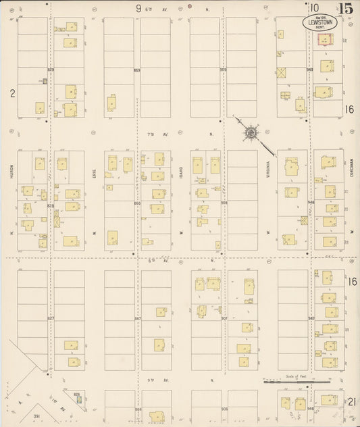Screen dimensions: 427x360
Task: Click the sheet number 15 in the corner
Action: click(x=346, y=9)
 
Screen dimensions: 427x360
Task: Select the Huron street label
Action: click(x=12, y=174)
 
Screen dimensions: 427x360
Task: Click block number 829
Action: click(x=51, y=70)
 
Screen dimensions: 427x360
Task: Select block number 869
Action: click(x=137, y=70)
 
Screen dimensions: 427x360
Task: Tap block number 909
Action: click(x=224, y=70)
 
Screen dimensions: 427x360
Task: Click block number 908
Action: click(x=224, y=203)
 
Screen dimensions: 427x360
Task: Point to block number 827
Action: click(x=51, y=318)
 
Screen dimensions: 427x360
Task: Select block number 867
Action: click(x=137, y=318)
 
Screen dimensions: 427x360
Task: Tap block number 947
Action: click(x=311, y=318)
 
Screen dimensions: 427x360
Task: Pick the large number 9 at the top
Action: click(x=138, y=8)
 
